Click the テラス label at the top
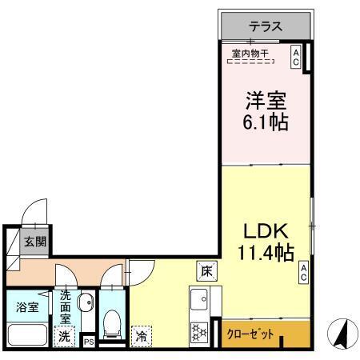coord(265,26)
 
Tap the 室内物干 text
coord(250,54)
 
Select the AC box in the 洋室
coord(295,56)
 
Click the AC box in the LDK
coord(304,272)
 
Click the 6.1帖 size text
coord(265,124)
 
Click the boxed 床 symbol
coord(205,270)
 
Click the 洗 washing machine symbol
coord(63,337)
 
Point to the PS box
coord(89,342)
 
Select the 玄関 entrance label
coord(34,242)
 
